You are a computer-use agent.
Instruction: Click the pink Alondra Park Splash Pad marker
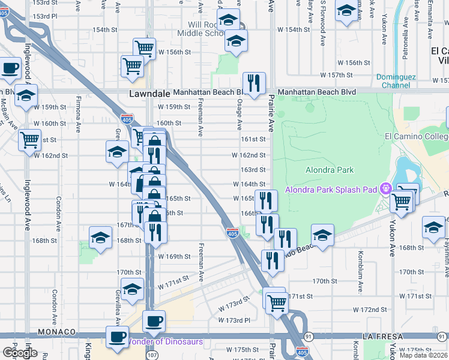pos(385,188)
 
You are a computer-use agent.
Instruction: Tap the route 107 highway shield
pos(152,355)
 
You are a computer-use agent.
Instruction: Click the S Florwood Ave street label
pos(322,25)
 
